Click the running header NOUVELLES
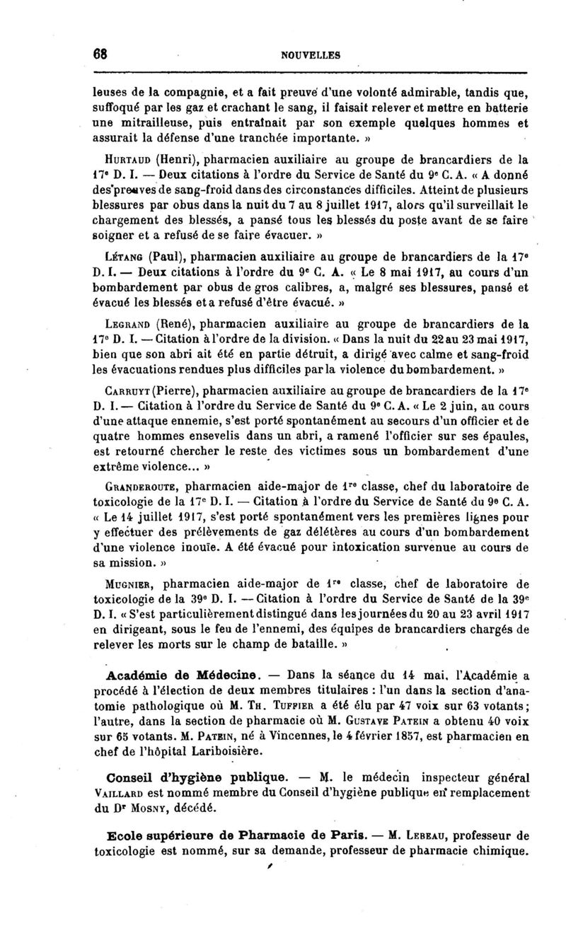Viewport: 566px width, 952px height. pyautogui.click(x=310, y=54)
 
